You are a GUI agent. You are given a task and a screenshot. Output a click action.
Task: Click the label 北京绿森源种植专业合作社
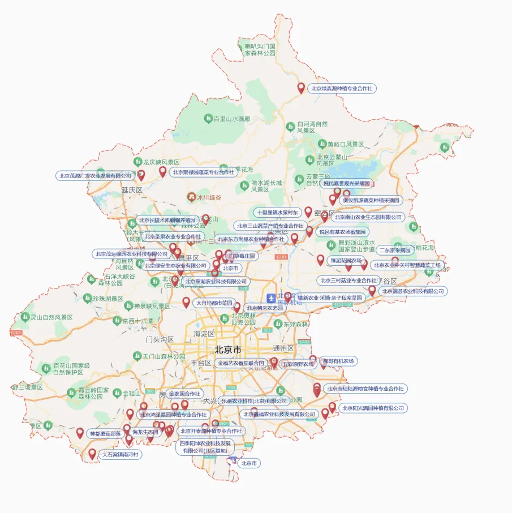pyautogui.click(x=342, y=89)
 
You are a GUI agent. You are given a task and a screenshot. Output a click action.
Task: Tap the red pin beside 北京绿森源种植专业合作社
pyautogui.click(x=302, y=88)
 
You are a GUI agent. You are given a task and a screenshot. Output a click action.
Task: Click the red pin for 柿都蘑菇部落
pyautogui.click(x=80, y=433)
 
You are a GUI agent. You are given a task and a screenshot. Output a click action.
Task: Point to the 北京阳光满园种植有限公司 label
pyautogui.click(x=374, y=408)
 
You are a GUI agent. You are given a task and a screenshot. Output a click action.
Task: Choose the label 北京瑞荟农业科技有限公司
pyautogui.click(x=412, y=291)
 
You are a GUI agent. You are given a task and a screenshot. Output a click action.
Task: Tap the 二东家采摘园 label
pyautogui.click(x=395, y=249)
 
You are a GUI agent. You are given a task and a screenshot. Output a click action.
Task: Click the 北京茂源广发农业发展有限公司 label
pyautogui.click(x=96, y=176)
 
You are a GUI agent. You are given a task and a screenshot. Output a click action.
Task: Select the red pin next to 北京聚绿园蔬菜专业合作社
pyautogui.click(x=163, y=171)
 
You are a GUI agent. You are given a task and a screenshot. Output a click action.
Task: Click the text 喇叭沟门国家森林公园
pyautogui.click(x=260, y=49)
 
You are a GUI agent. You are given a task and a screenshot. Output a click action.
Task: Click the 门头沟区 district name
pyautogui.click(x=160, y=339)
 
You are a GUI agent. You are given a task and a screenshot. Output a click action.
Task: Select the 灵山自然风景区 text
pyautogui.click(x=51, y=317)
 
